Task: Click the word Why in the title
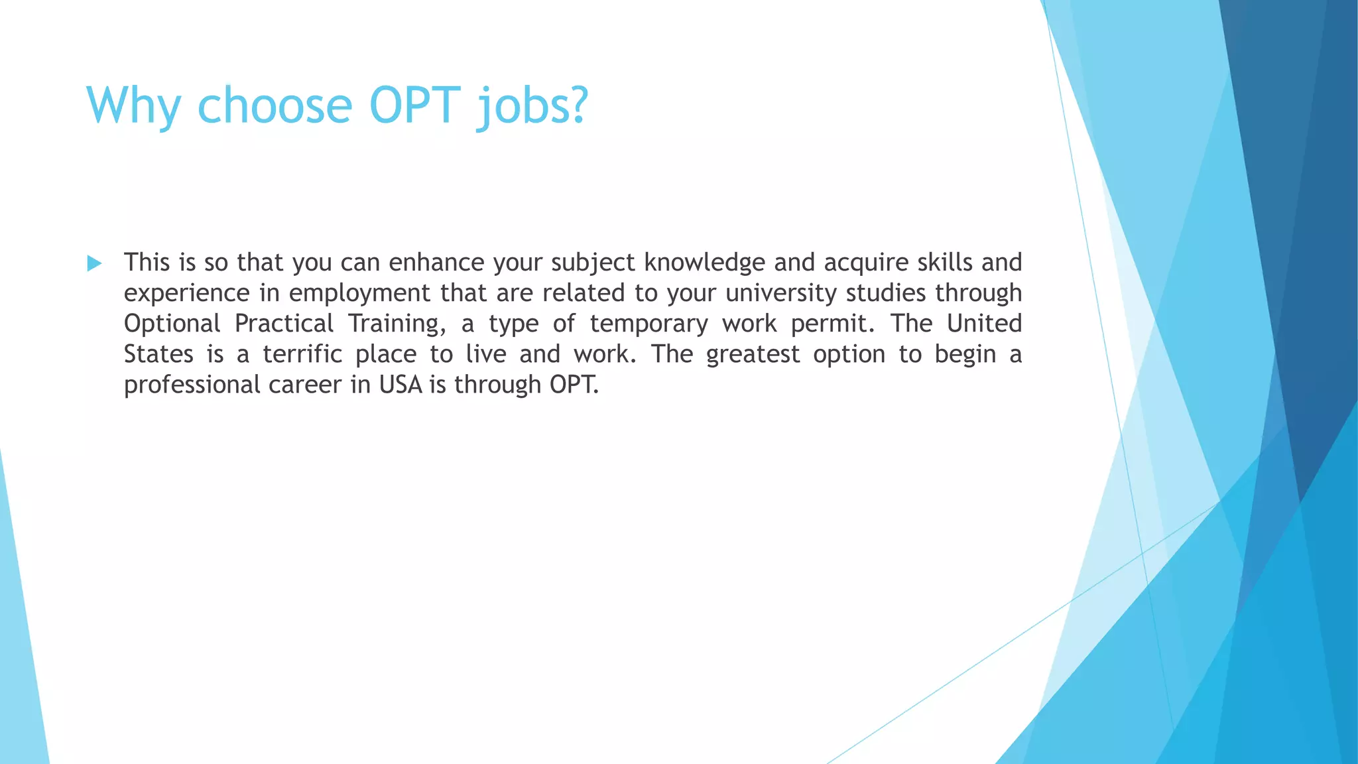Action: (133, 106)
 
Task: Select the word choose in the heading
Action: (275, 106)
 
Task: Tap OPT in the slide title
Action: (414, 106)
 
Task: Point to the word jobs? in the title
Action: (532, 106)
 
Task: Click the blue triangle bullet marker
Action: (94, 263)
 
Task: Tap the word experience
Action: (187, 293)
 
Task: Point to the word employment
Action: (359, 293)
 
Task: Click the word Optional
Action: (172, 324)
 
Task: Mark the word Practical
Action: (284, 324)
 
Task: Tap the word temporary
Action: (648, 324)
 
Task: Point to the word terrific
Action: (302, 354)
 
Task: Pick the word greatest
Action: (753, 354)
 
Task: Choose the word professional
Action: (192, 385)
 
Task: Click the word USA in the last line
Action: (401, 385)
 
